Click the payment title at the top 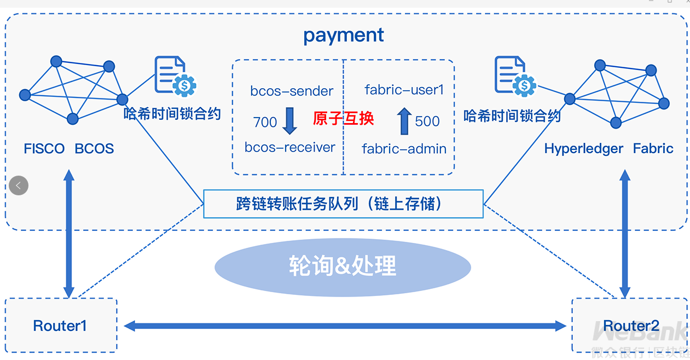click(x=344, y=36)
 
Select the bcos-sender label click(x=292, y=91)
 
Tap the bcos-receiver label click(x=289, y=147)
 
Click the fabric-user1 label click(x=404, y=90)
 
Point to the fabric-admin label click(x=404, y=148)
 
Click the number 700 click(x=265, y=122)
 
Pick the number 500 click(x=427, y=121)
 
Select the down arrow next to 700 click(x=289, y=121)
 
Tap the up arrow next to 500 click(x=404, y=121)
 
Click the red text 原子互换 click(x=343, y=118)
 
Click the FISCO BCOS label click(x=69, y=148)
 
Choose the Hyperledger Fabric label click(x=608, y=148)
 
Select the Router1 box click(x=60, y=326)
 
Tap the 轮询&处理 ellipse click(x=343, y=266)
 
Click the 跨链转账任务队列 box click(x=343, y=204)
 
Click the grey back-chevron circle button click(x=19, y=185)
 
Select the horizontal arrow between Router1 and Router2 click(x=345, y=326)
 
